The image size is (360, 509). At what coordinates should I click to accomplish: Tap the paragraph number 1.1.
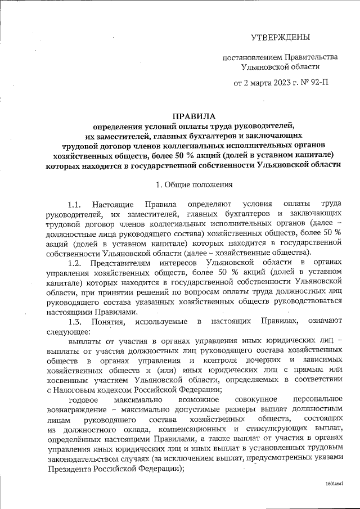75,204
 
